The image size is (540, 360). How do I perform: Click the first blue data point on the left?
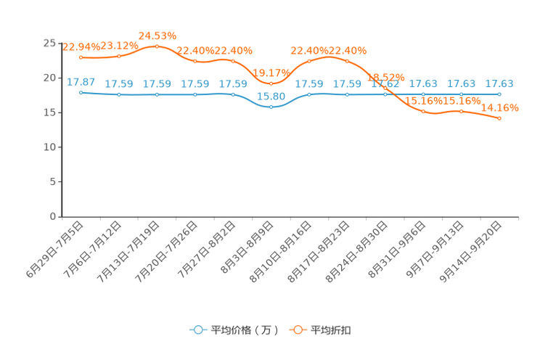point(81,92)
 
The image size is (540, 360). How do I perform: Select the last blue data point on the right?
point(499,94)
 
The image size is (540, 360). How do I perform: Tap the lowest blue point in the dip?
point(271,107)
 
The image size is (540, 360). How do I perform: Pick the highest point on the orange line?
point(157,46)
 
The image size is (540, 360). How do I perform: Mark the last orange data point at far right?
point(499,118)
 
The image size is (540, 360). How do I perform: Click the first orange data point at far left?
point(81,57)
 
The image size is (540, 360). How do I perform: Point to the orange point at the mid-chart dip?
point(271,83)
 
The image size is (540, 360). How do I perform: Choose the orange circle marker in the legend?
point(298,330)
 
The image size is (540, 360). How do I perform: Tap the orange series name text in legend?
point(332,330)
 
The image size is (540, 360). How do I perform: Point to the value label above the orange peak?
point(157,35)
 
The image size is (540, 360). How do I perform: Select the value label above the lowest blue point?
point(271,96)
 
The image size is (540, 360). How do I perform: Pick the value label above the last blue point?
point(499,84)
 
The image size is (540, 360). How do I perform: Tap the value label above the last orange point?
point(500,108)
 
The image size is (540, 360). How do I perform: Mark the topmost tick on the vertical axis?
point(61,44)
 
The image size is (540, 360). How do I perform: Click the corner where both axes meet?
point(62,216)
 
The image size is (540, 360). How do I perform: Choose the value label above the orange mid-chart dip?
point(271,73)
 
